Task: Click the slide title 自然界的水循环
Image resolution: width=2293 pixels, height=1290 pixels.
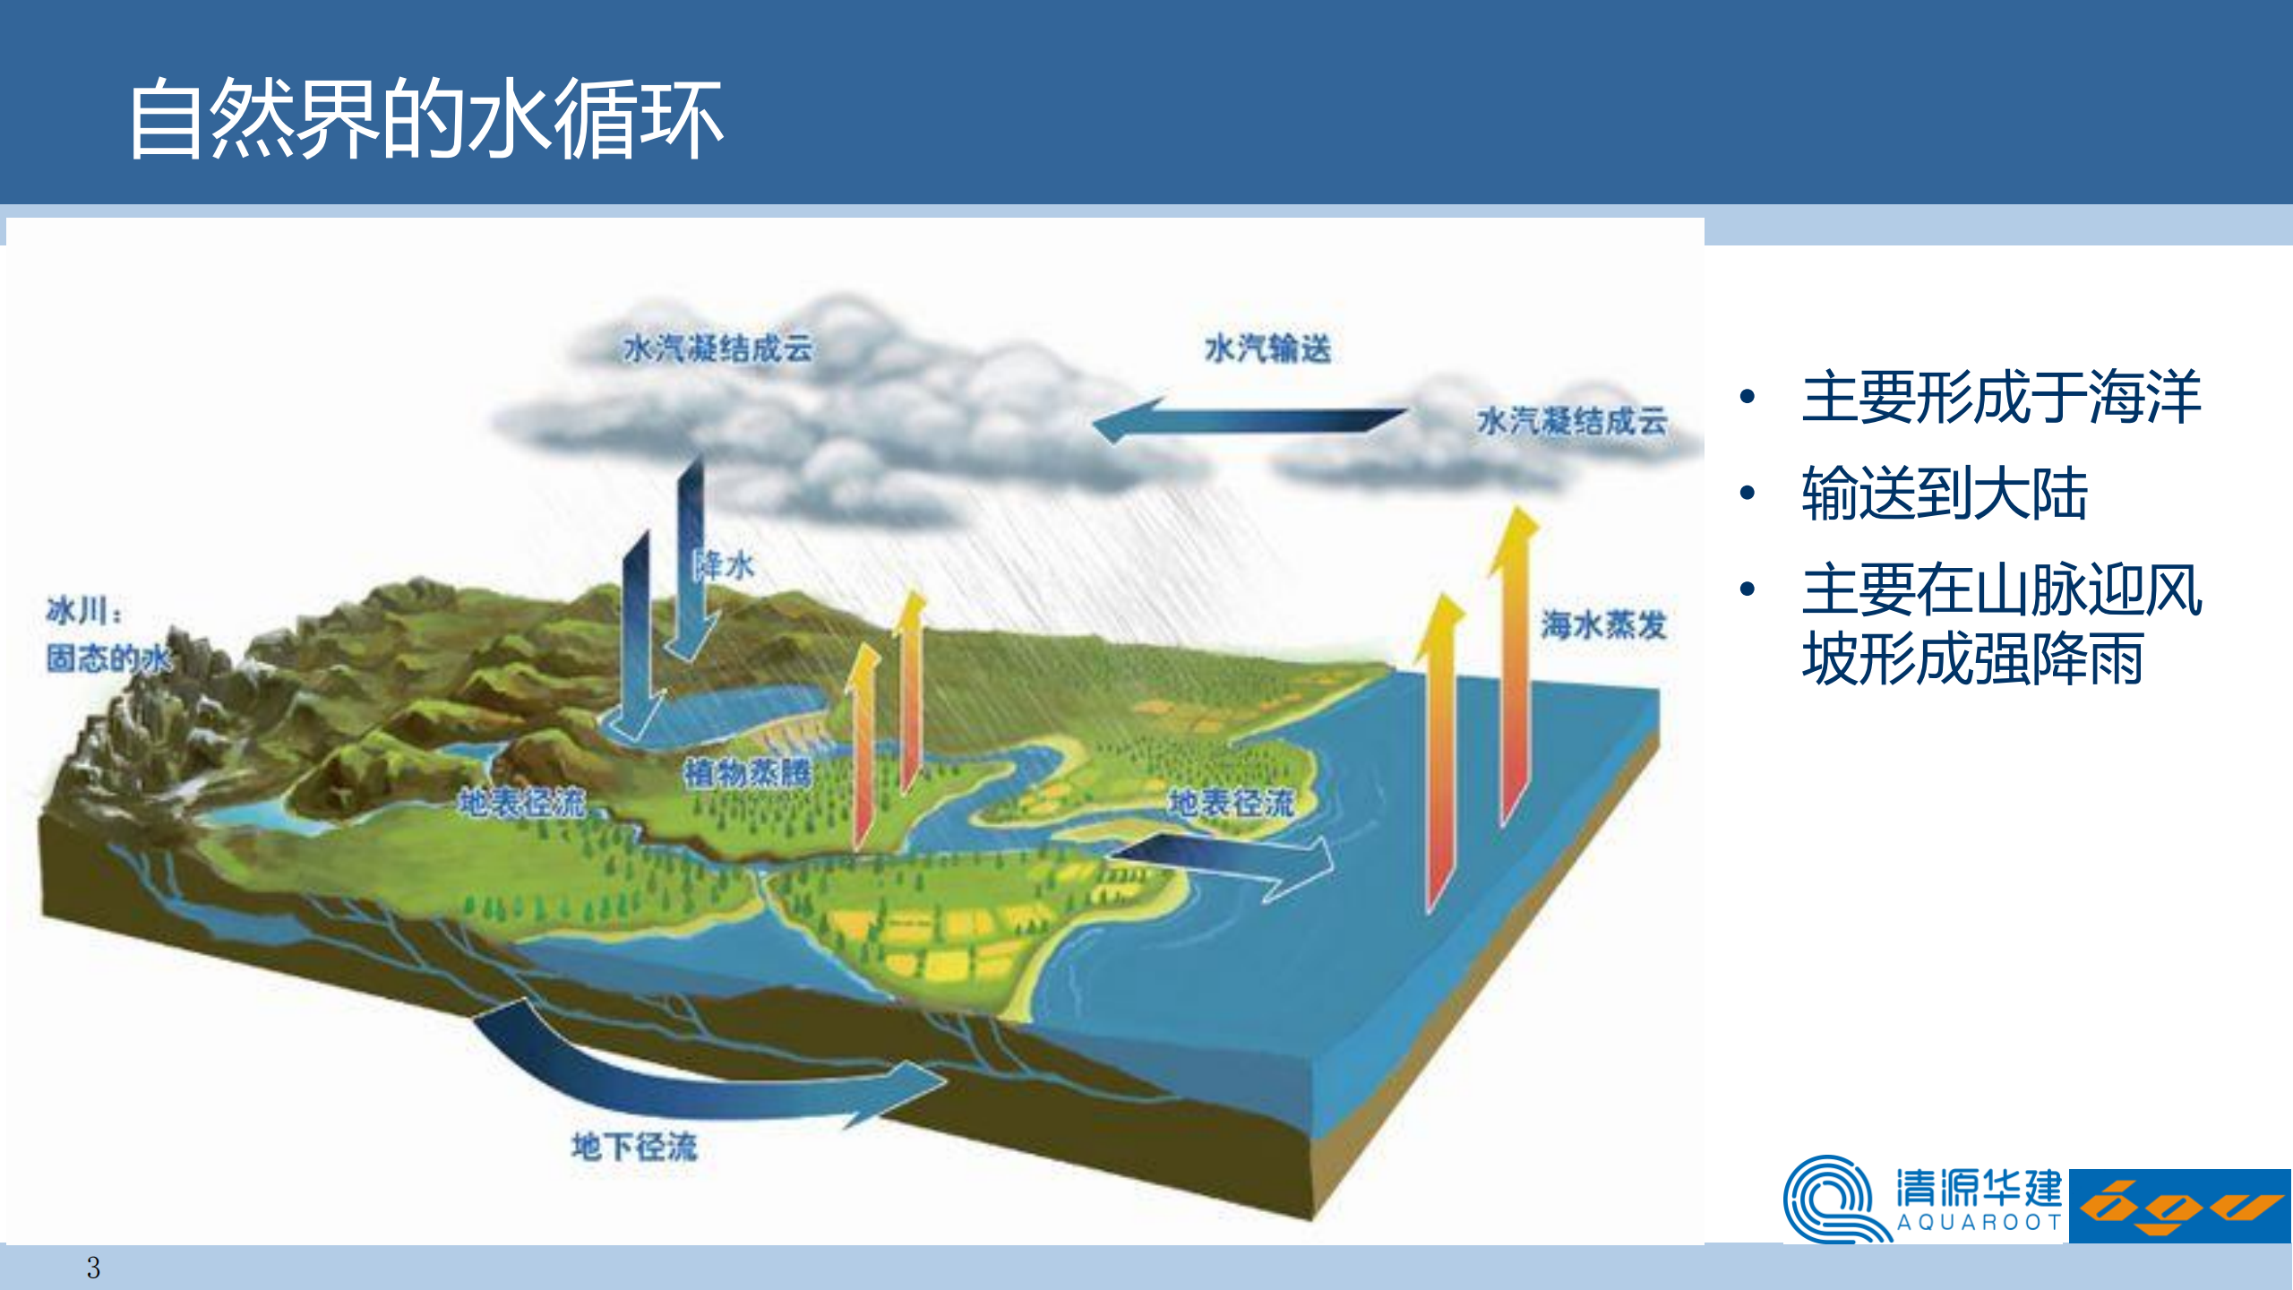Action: coord(425,118)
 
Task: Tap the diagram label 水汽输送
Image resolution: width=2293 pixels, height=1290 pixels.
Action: coord(1267,348)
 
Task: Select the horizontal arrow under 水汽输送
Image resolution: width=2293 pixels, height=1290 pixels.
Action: coord(1250,419)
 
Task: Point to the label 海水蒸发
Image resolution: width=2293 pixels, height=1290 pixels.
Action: coord(1603,624)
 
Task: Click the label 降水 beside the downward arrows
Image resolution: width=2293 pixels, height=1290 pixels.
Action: coord(726,565)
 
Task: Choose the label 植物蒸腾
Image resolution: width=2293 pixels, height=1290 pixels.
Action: coord(748,772)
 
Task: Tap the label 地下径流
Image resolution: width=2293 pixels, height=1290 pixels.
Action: coord(634,1146)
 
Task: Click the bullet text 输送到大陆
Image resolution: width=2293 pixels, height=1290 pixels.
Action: coord(1945,493)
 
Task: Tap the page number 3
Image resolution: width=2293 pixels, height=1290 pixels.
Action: coord(93,1268)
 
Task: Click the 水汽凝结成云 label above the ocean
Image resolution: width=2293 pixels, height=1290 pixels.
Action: coord(1572,420)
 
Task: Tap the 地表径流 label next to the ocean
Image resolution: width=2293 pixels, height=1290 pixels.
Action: coord(1232,802)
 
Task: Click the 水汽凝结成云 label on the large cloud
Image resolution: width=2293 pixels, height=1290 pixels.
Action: coord(718,348)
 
